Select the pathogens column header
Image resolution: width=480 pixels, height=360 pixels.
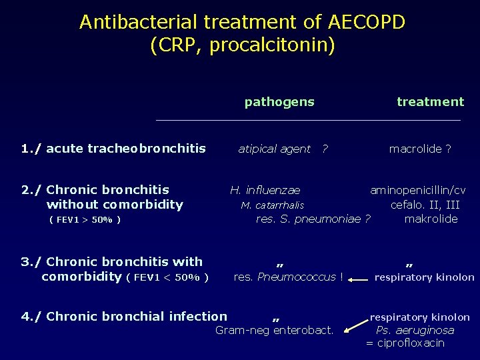click(279, 102)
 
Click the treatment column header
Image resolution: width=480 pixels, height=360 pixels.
click(430, 102)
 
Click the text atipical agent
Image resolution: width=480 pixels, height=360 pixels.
click(274, 149)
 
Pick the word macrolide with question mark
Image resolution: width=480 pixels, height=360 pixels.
click(420, 149)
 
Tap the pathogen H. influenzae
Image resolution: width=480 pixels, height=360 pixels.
click(265, 191)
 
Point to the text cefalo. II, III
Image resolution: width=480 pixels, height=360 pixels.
click(425, 205)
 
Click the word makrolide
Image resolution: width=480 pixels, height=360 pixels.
click(431, 219)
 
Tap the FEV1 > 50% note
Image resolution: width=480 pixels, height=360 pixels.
click(85, 219)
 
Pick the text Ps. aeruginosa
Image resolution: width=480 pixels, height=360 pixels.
click(415, 331)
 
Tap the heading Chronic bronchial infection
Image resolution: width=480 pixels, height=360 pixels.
click(137, 317)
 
